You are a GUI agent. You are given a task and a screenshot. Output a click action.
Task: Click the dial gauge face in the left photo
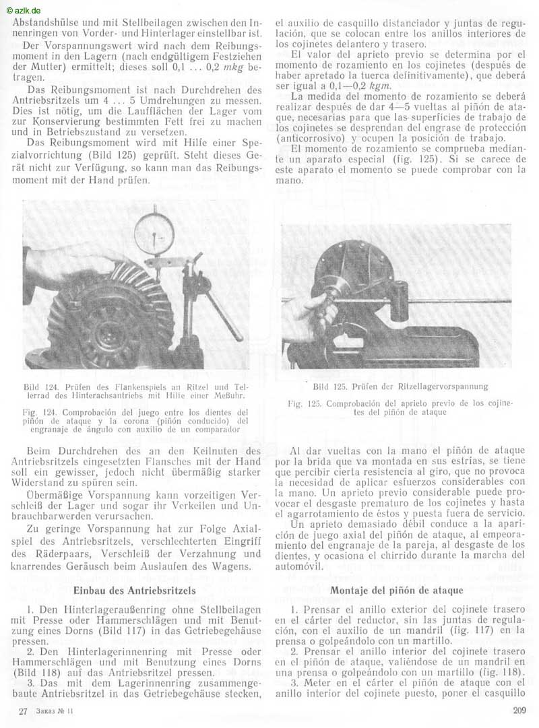154,232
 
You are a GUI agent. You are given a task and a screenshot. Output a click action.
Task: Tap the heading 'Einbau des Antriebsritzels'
134,590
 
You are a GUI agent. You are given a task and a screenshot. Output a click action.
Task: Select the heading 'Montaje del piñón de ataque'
396,590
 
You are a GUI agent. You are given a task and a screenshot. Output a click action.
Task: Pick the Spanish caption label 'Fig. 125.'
305,403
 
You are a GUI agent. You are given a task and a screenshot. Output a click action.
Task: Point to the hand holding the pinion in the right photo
310,314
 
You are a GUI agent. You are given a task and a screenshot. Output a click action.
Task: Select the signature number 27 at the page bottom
24,711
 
